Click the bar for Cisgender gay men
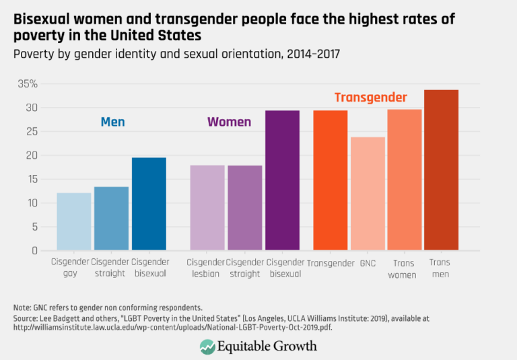[x=74, y=221]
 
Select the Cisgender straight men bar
[x=111, y=218]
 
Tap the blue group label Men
[x=112, y=122]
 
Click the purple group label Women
[x=229, y=122]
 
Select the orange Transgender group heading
[x=370, y=98]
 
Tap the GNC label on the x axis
[x=368, y=263]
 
